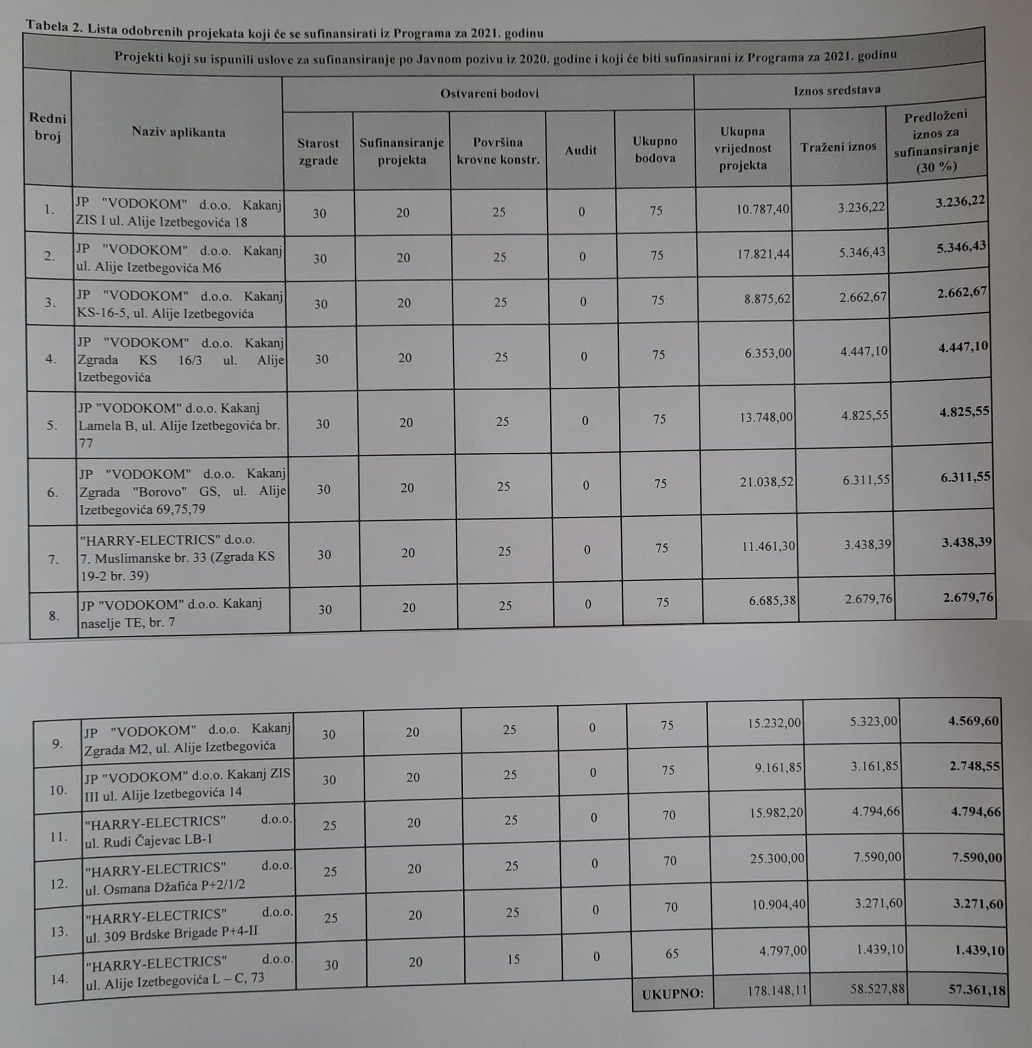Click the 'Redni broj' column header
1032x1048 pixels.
(x=48, y=127)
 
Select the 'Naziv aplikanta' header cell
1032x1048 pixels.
(x=178, y=132)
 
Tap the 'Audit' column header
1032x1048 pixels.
(x=581, y=151)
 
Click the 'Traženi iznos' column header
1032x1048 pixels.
(x=838, y=146)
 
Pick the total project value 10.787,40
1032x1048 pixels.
(x=762, y=209)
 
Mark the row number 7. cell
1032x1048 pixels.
(x=53, y=559)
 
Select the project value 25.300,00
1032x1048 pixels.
(x=777, y=859)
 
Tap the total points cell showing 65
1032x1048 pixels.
(x=672, y=954)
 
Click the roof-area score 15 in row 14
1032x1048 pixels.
(x=513, y=959)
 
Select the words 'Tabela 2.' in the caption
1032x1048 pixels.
(x=53, y=27)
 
